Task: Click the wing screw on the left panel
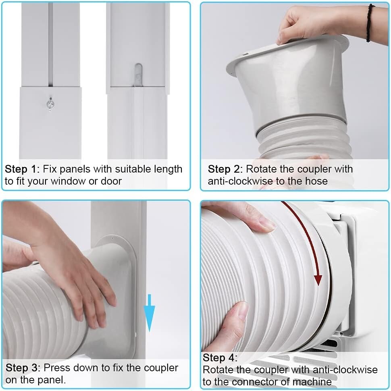pyautogui.click(x=50, y=104)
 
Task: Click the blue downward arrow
pyautogui.click(x=150, y=312)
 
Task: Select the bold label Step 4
pyautogui.click(x=220, y=358)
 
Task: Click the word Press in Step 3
pyautogui.click(x=55, y=368)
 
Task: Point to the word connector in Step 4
pyautogui.click(x=237, y=381)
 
